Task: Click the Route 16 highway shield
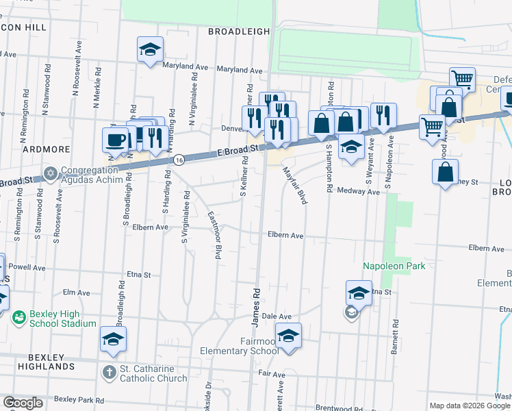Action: click(179, 159)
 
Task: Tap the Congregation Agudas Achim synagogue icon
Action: click(50, 172)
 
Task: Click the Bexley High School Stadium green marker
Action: click(19, 317)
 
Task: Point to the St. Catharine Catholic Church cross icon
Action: click(109, 372)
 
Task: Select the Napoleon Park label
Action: click(394, 266)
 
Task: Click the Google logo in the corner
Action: click(23, 403)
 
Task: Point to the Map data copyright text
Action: click(470, 406)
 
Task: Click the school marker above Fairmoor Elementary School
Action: click(288, 336)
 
